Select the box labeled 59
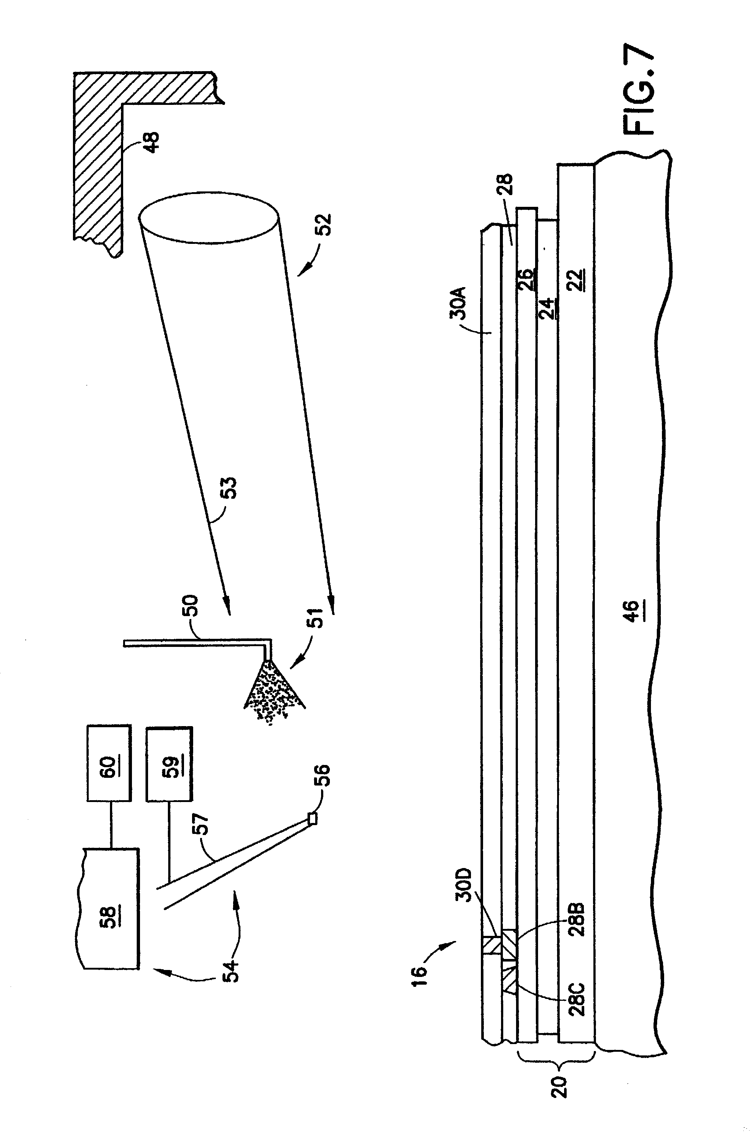pos(170,766)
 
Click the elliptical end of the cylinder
pos(209,218)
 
